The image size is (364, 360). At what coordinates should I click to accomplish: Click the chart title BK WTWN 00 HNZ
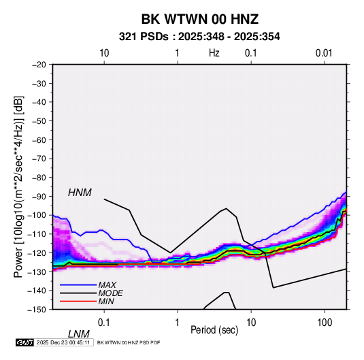click(x=200, y=19)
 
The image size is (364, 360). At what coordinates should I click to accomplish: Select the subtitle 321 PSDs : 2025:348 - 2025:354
click(x=199, y=37)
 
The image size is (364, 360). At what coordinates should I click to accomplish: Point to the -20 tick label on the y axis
click(x=39, y=65)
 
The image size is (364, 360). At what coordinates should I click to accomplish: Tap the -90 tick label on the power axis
click(x=39, y=196)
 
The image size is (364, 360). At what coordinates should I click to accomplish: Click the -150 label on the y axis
click(x=37, y=310)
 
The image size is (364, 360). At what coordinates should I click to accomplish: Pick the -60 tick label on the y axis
click(x=39, y=140)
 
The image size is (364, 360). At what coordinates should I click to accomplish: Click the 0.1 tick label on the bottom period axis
click(x=104, y=323)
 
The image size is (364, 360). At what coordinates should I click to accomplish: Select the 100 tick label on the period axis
click(x=325, y=323)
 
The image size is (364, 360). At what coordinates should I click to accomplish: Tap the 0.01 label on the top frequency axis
click(x=324, y=53)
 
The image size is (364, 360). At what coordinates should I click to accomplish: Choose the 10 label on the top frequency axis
click(x=104, y=53)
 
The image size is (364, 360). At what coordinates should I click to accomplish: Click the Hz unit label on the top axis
click(x=214, y=53)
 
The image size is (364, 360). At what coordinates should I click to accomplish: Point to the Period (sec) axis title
click(x=214, y=330)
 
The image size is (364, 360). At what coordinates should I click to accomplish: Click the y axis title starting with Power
click(x=18, y=186)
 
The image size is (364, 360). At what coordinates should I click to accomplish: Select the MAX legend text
click(x=107, y=284)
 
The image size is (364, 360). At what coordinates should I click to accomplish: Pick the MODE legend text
click(x=110, y=293)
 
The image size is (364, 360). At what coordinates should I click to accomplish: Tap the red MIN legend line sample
click(x=78, y=301)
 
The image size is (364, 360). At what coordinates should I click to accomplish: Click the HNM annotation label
click(x=80, y=193)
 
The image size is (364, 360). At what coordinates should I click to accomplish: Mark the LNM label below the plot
click(x=79, y=334)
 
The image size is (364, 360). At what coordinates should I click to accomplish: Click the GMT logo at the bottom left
click(x=24, y=342)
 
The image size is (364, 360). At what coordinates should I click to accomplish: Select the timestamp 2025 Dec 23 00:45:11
click(x=63, y=342)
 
